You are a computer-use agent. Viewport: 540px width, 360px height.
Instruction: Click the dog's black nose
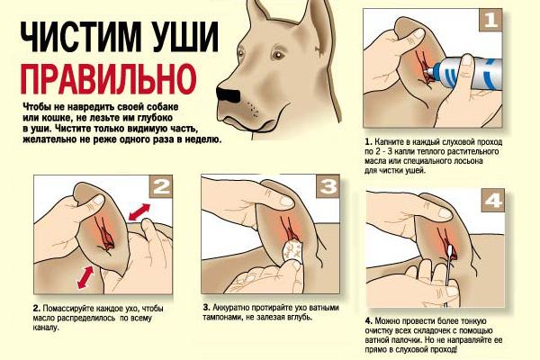tap(228, 94)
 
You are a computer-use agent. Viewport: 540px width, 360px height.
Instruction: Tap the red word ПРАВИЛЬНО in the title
tap(108, 79)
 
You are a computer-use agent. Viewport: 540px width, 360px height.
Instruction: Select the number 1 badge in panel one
tap(490, 20)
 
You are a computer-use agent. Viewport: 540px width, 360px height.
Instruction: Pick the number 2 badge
tap(161, 186)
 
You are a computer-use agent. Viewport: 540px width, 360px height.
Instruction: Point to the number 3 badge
tap(328, 186)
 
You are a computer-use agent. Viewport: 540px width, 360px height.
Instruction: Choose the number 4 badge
tap(493, 200)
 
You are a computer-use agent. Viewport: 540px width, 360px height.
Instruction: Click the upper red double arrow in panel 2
tap(139, 211)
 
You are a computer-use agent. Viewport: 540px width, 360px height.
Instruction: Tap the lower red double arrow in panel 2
tap(85, 277)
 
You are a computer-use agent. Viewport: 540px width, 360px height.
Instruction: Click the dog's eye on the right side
tap(277, 55)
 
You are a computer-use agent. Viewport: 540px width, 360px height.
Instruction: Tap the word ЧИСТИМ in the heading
tap(77, 37)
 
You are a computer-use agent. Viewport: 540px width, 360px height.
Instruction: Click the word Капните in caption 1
tap(387, 142)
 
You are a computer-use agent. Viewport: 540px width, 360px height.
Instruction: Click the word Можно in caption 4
tap(387, 321)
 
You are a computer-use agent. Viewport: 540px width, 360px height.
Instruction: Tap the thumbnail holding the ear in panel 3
tap(286, 201)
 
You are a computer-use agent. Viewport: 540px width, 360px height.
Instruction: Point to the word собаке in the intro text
tap(164, 106)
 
